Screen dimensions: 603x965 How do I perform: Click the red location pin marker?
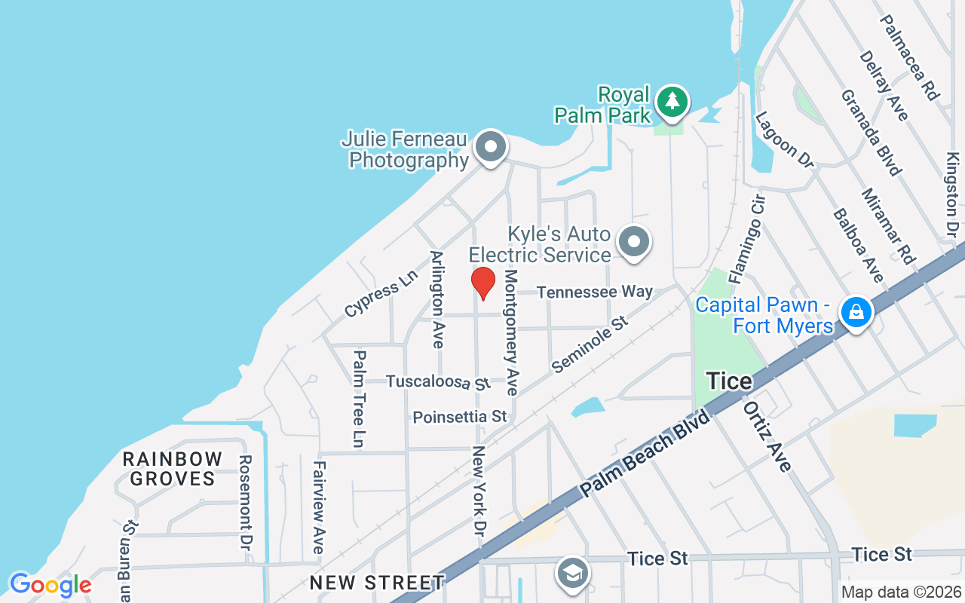(x=483, y=283)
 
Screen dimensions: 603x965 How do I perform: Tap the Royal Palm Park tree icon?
(x=672, y=102)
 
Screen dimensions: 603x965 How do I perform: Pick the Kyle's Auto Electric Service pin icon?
(x=634, y=243)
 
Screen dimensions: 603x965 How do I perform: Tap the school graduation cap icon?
(x=572, y=573)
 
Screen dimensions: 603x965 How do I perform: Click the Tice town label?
(x=729, y=381)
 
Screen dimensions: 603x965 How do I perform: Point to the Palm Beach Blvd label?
(x=646, y=454)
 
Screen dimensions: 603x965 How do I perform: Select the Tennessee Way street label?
(x=595, y=292)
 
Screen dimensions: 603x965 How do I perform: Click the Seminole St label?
(x=590, y=344)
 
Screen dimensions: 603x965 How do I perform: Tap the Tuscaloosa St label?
(x=438, y=382)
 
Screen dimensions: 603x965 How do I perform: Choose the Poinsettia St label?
(x=460, y=417)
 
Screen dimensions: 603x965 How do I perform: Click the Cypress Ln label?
(x=381, y=293)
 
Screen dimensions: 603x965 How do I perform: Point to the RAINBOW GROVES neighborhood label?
(x=173, y=468)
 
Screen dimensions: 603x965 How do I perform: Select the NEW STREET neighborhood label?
(x=377, y=582)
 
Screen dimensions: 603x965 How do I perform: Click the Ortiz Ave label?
(x=767, y=436)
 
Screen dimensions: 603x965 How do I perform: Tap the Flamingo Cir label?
(x=746, y=239)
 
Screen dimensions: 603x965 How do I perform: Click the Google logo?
(x=51, y=584)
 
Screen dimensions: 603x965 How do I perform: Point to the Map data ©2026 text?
(x=901, y=592)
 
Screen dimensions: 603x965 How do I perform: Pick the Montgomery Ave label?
(x=512, y=332)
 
